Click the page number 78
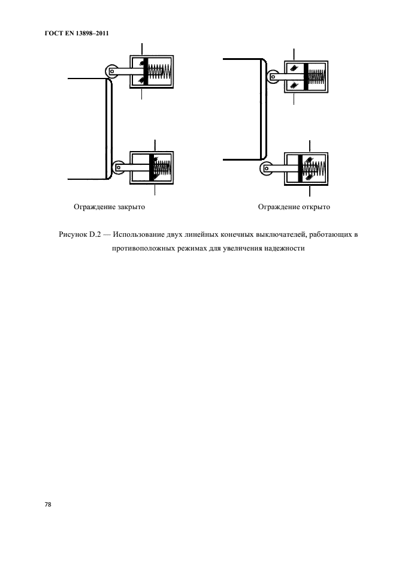(x=47, y=505)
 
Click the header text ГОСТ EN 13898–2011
(x=72, y=32)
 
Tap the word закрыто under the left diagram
(x=131, y=207)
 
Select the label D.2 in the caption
(x=95, y=234)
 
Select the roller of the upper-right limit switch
(x=273, y=77)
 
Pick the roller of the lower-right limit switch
(x=266, y=170)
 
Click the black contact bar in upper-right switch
(x=306, y=77)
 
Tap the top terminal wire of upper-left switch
(x=142, y=48)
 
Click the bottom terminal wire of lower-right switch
(x=310, y=192)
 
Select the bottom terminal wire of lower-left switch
(x=155, y=191)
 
